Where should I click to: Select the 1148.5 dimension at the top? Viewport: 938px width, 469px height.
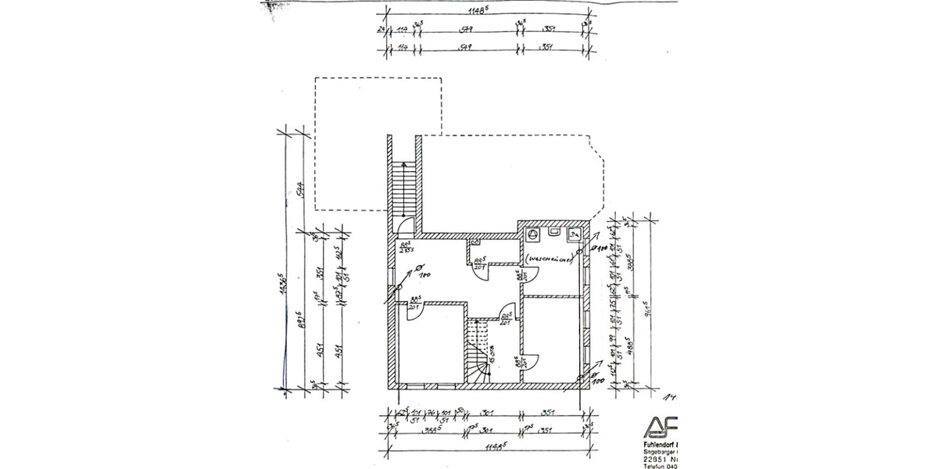[x=487, y=10]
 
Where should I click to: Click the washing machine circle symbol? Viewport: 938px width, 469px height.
[x=533, y=233]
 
